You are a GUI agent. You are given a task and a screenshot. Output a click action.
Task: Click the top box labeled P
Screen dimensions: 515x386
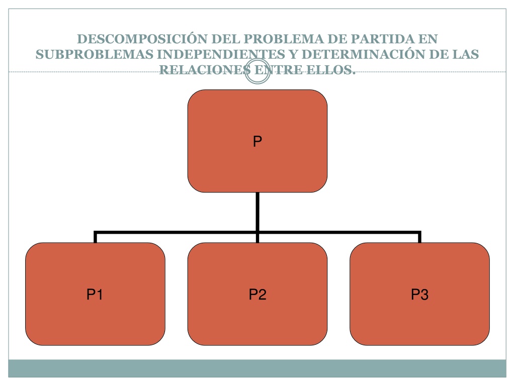tap(257, 141)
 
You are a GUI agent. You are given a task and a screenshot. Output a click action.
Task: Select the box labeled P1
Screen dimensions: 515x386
tap(95, 294)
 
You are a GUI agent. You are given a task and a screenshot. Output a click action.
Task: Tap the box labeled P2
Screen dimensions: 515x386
tap(257, 294)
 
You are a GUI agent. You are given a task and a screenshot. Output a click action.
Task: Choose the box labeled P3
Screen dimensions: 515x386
tap(419, 294)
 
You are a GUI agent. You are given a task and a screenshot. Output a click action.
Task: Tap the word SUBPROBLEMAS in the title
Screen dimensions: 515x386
tap(95, 54)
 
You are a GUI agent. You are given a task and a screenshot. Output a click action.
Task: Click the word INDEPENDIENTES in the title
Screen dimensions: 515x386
tap(221, 54)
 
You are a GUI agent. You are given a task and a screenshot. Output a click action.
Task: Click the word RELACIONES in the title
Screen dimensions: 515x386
tap(205, 69)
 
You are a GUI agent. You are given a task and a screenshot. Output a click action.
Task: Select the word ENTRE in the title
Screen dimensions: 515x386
tap(279, 69)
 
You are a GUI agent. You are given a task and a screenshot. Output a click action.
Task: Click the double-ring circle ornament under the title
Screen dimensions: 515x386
tap(258, 59)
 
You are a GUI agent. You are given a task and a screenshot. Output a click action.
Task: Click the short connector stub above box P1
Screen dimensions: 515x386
tap(95, 237)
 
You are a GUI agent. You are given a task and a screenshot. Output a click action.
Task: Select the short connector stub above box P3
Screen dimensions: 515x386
tap(419, 237)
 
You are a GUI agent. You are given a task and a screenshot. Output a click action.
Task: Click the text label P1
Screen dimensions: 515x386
tap(95, 294)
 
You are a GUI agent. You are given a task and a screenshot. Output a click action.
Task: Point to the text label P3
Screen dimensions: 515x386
tap(420, 294)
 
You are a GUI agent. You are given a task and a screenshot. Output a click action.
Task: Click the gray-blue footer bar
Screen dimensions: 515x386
tap(257, 368)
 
